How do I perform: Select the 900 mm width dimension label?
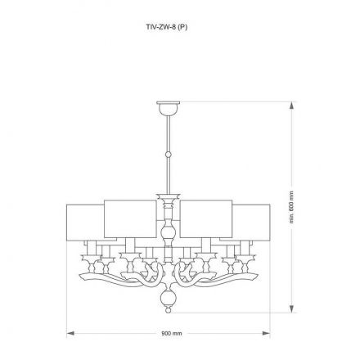click(x=171, y=335)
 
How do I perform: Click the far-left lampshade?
click(x=83, y=223)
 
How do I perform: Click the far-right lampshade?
click(x=254, y=223)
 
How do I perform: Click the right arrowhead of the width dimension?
click(x=268, y=334)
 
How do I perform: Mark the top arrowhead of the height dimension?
click(x=292, y=103)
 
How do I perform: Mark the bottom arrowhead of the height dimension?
click(x=292, y=310)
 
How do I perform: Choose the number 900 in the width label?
click(x=166, y=335)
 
